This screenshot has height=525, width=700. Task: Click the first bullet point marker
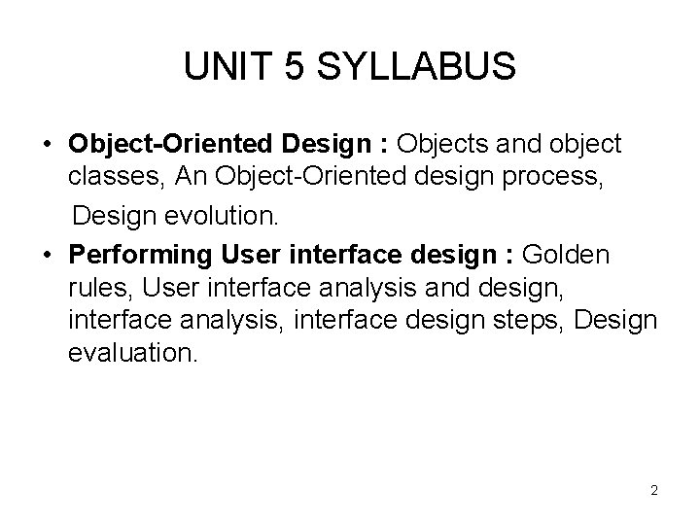(x=47, y=146)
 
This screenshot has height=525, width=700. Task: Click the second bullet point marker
(x=47, y=255)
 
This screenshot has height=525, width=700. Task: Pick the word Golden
(x=567, y=255)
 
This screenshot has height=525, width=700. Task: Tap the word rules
(x=95, y=288)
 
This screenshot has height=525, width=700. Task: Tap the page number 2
(x=654, y=490)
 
